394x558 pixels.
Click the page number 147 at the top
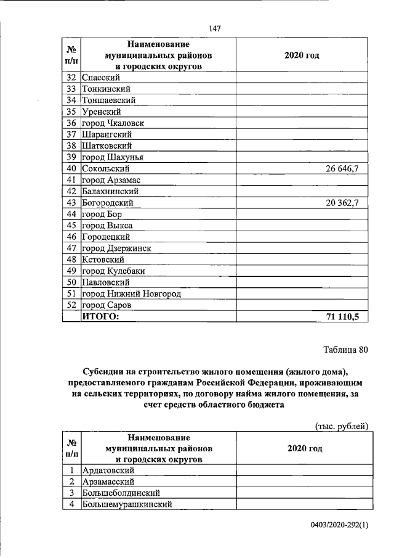(x=215, y=28)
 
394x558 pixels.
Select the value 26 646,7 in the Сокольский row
(x=347, y=168)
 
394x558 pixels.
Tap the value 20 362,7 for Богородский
(x=347, y=203)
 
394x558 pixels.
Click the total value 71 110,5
(x=347, y=317)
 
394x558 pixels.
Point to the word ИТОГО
(x=100, y=317)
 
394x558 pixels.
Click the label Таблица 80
(x=345, y=351)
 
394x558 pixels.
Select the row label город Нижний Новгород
(x=131, y=294)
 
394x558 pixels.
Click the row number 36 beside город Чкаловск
(x=71, y=123)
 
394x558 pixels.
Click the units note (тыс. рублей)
(x=341, y=425)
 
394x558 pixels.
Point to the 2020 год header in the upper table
(x=302, y=55)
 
